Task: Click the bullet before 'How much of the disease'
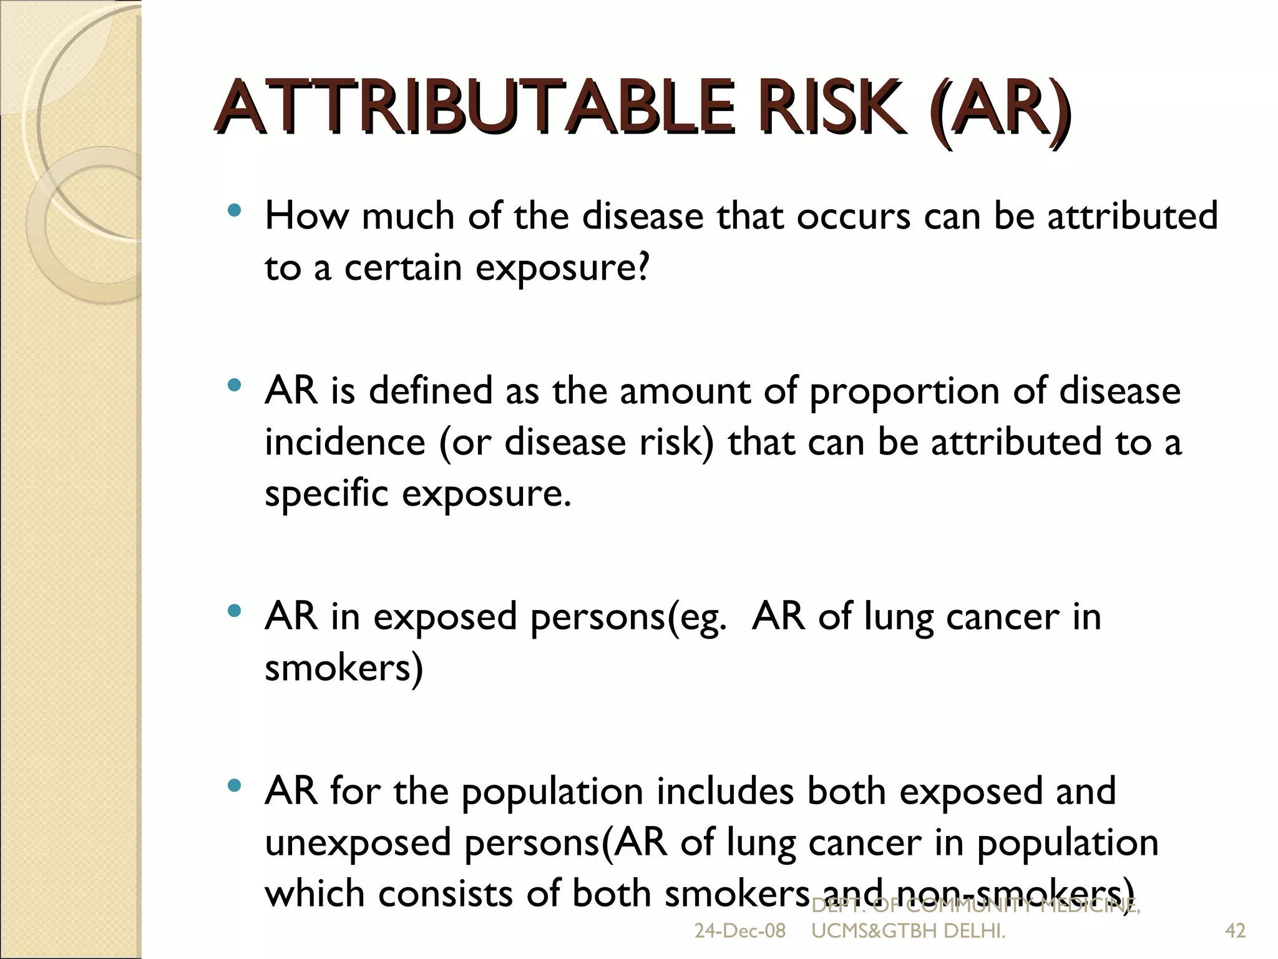pos(235,212)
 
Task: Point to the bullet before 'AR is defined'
pos(235,386)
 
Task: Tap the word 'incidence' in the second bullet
pos(344,443)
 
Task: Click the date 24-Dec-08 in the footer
pos(739,931)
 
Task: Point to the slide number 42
pos(1236,931)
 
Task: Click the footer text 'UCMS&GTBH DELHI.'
pos(908,931)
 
